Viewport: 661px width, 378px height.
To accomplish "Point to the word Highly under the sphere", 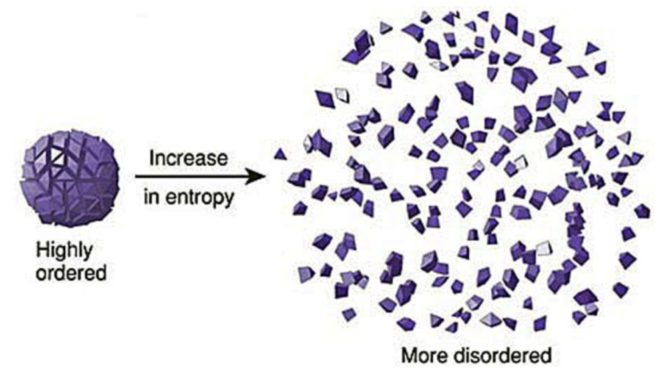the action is (64, 252).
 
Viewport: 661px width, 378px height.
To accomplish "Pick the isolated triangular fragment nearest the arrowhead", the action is (280, 154).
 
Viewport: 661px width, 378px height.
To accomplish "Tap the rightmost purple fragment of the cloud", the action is (642, 211).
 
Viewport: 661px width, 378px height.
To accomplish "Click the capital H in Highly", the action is (41, 251).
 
